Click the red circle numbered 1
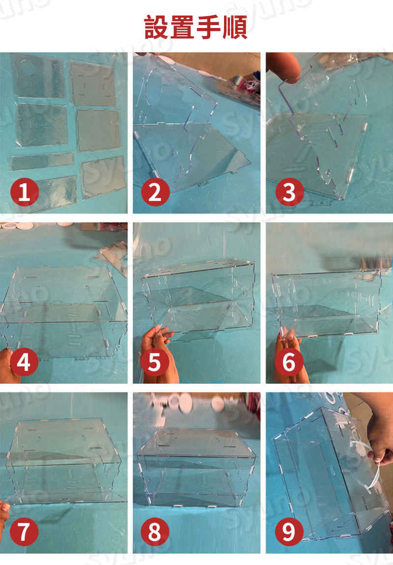25,192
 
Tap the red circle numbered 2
155,192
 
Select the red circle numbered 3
290,192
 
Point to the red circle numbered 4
24,362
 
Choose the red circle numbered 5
155,362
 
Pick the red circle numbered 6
289,362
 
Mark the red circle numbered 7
24,532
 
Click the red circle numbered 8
155,532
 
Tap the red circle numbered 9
289,532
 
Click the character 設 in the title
157,27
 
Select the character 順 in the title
235,27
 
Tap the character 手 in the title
209,27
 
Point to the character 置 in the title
183,27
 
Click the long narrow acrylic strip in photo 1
41,161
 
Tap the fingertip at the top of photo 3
284,67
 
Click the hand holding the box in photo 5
159,355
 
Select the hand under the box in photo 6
290,357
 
